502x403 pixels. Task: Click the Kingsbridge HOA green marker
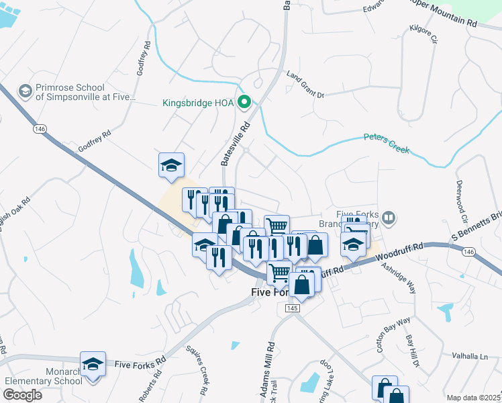click(245, 103)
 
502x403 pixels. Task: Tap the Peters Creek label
click(386, 142)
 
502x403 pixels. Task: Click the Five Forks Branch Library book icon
click(388, 217)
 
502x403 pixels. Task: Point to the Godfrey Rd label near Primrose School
click(142, 65)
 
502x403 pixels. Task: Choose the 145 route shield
click(291, 308)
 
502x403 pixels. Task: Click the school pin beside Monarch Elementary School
click(93, 365)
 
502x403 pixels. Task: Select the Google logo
click(22, 394)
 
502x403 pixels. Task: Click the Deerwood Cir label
click(461, 201)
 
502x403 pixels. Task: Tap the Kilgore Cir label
click(423, 35)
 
